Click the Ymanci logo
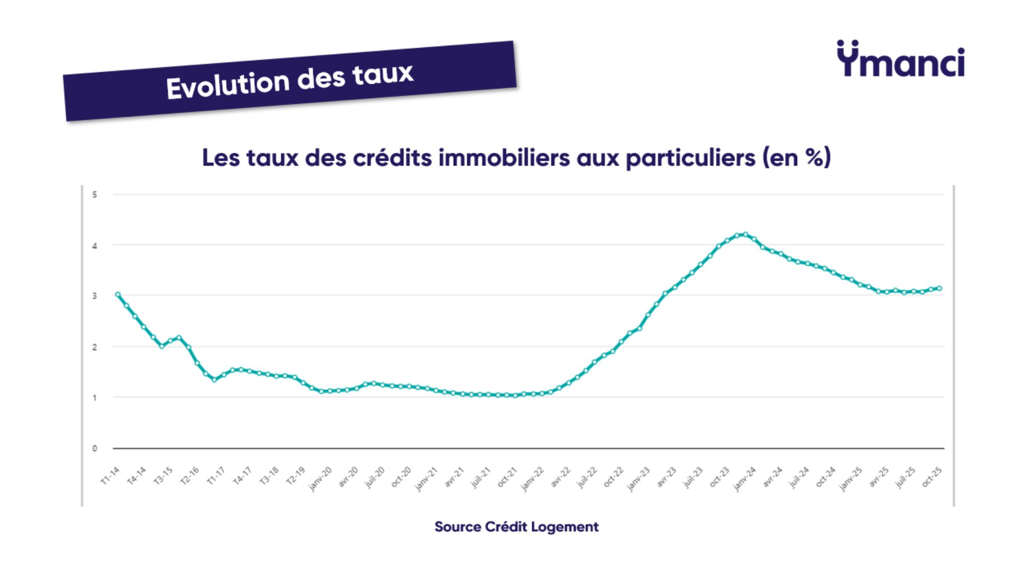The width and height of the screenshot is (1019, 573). point(901,59)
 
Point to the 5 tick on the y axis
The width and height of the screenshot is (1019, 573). point(94,195)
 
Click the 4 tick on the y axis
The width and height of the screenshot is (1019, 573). point(94,246)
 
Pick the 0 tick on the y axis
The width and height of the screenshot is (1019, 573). point(94,448)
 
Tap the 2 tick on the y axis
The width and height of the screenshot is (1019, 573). point(94,347)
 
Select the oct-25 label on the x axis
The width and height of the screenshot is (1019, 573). point(932,476)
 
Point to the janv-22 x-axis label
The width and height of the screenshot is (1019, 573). point(532,479)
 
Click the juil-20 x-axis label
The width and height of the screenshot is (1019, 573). point(375,477)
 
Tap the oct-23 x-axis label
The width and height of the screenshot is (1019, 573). point(720,476)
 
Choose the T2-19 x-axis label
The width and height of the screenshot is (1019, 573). point(296,476)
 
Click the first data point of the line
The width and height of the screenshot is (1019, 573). point(118,294)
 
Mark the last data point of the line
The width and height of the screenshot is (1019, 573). point(939,288)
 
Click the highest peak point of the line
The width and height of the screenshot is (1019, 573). point(746,234)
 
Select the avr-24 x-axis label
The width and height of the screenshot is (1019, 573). point(773,476)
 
